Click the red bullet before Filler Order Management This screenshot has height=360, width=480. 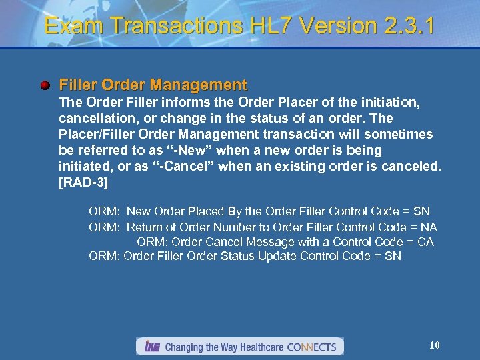pyautogui.click(x=45, y=85)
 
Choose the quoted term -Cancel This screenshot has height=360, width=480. pyautogui.click(x=187, y=167)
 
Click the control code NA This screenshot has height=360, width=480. pyautogui.click(x=429, y=227)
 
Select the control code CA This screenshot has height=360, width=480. pyautogui.click(x=425, y=242)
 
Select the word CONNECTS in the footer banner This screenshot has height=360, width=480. pyautogui.click(x=313, y=347)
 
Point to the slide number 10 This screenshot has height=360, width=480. pyautogui.click(x=435, y=345)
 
